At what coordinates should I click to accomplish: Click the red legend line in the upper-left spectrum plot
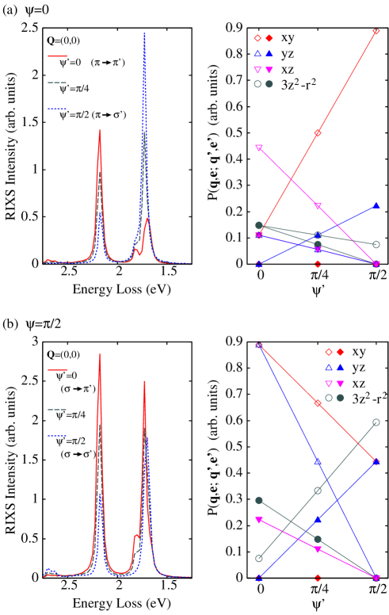pyautogui.click(x=58, y=56)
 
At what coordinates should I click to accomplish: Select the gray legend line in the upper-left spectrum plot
pyautogui.click(x=57, y=82)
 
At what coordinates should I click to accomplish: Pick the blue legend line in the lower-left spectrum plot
pyautogui.click(x=57, y=436)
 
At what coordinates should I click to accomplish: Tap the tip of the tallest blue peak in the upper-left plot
pyautogui.click(x=144, y=34)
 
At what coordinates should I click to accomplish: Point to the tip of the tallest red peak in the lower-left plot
pyautogui.click(x=100, y=353)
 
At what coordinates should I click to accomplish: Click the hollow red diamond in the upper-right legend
pyautogui.click(x=257, y=38)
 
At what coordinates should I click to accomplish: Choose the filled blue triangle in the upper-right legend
pyautogui.click(x=269, y=54)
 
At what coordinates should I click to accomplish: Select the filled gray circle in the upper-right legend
pyautogui.click(x=269, y=84)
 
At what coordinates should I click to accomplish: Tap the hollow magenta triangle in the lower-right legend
pyautogui.click(x=329, y=384)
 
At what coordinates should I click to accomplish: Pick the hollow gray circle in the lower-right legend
pyautogui.click(x=329, y=398)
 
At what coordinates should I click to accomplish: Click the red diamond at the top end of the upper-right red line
pyautogui.click(x=376, y=32)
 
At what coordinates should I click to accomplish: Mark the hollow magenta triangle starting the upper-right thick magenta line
pyautogui.click(x=259, y=148)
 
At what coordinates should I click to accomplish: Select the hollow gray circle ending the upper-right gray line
pyautogui.click(x=376, y=244)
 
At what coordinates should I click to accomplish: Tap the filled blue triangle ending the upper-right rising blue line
pyautogui.click(x=376, y=206)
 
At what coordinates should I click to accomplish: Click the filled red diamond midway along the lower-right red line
pyautogui.click(x=318, y=403)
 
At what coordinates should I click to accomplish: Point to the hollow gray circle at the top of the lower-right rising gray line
pyautogui.click(x=376, y=422)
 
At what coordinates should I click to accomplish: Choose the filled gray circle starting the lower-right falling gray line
pyautogui.click(x=259, y=500)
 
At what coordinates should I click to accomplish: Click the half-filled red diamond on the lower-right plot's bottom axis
pyautogui.click(x=318, y=578)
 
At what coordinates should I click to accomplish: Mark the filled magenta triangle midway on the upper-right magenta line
pyautogui.click(x=318, y=207)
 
